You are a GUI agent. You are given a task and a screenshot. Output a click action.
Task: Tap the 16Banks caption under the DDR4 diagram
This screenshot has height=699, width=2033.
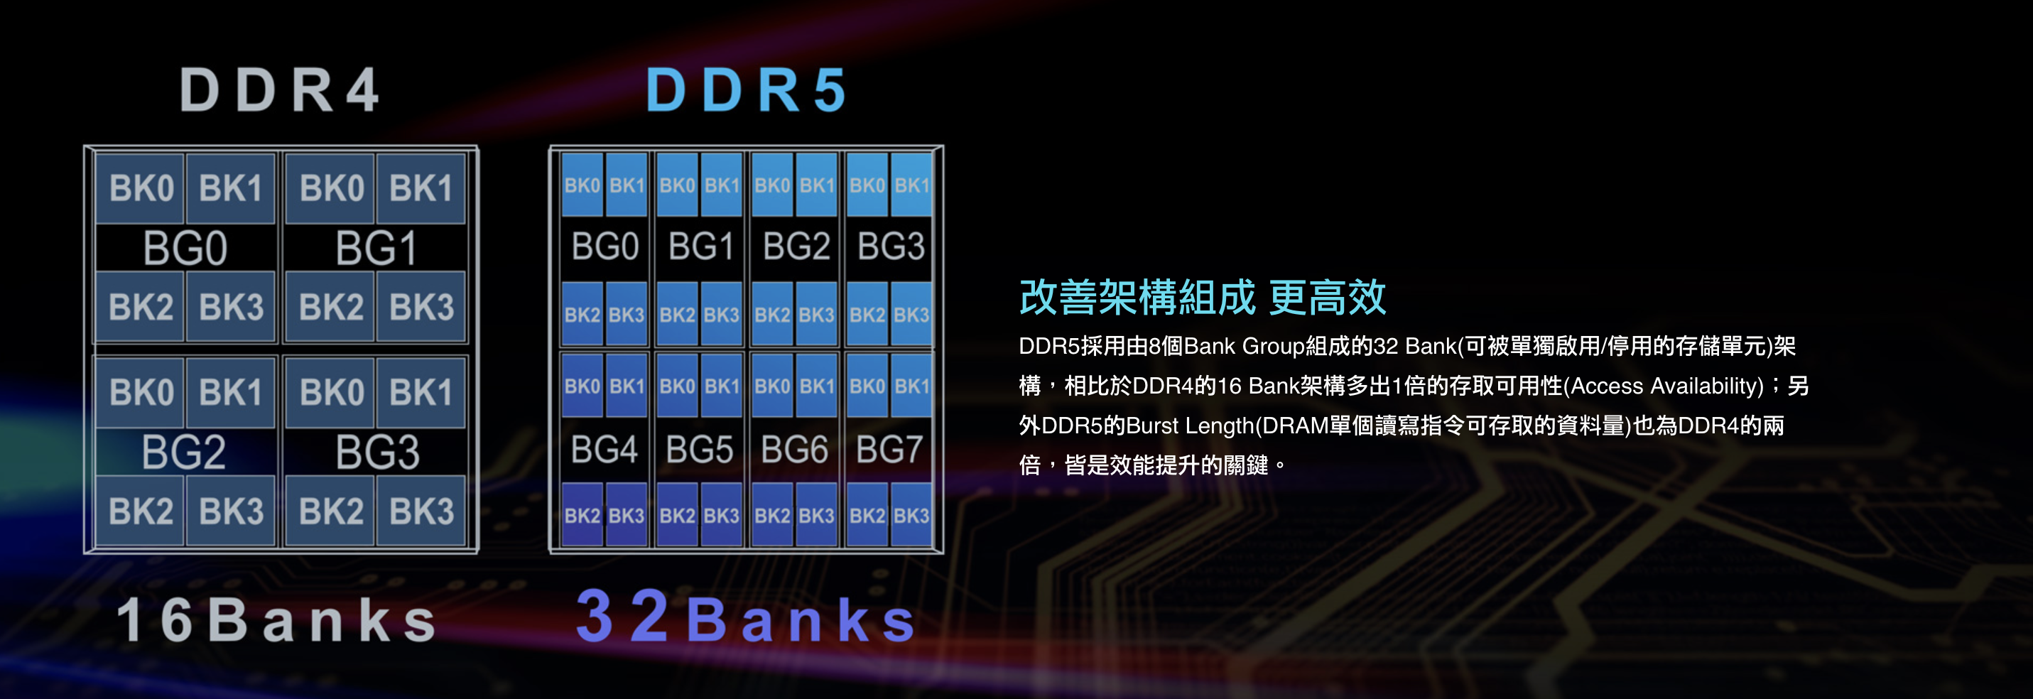277,620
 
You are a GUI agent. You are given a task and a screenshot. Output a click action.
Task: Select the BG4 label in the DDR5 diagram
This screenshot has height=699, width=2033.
604,450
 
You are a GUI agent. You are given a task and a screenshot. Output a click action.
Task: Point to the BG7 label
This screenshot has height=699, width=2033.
889,450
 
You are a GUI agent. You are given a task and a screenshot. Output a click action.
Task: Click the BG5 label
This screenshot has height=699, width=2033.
699,450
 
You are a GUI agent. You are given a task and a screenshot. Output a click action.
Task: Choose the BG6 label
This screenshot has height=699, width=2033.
794,450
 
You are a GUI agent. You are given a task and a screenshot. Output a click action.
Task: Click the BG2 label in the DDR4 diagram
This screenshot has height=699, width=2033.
184,453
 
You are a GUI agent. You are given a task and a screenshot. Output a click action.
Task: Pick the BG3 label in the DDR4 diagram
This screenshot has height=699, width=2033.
376,453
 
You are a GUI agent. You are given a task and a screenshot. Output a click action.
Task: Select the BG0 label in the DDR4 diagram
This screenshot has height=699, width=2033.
185,249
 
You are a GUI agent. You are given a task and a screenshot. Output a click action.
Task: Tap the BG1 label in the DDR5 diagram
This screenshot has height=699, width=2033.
701,247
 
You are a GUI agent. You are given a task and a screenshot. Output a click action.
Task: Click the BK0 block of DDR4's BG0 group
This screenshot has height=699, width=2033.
141,188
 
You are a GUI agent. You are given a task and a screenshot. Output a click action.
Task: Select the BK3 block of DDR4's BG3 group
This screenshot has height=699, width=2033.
421,511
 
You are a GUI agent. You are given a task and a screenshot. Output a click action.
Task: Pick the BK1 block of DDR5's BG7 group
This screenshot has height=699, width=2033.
911,386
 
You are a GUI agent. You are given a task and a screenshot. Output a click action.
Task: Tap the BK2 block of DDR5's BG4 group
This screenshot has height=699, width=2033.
582,516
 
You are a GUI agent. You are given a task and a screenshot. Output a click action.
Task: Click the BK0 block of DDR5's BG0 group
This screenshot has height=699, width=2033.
582,185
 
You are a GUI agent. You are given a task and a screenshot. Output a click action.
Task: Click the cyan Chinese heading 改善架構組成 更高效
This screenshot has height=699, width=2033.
1202,298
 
